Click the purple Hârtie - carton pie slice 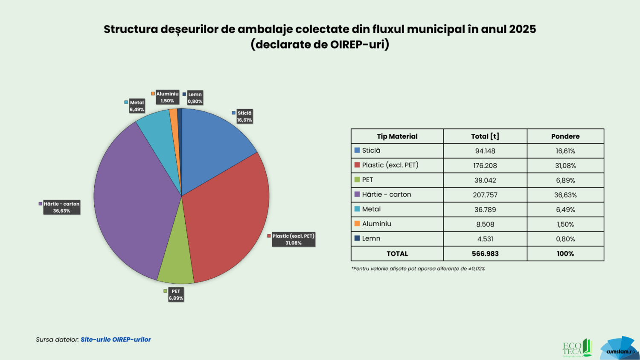(x=132, y=200)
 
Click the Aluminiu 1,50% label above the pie (x=167, y=97)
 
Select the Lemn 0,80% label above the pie (x=195, y=98)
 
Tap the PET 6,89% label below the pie (x=176, y=295)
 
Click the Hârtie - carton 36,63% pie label (x=61, y=207)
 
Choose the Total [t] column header (x=485, y=136)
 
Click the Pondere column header (x=565, y=136)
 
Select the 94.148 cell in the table (x=485, y=151)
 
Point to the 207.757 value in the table (x=485, y=195)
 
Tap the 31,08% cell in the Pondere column (x=565, y=165)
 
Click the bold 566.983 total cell (x=485, y=254)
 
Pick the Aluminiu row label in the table (x=376, y=224)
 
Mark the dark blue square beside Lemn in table (x=357, y=238)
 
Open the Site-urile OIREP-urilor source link (x=116, y=340)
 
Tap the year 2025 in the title (x=522, y=29)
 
